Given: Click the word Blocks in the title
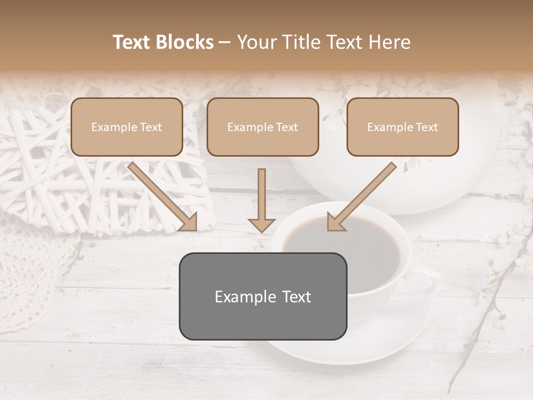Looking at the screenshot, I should (185, 42).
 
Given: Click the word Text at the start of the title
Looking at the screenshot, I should (133, 42).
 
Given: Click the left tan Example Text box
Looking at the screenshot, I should (127, 127).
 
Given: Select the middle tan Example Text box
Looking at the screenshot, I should (263, 127).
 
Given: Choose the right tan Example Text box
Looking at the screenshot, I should (403, 127).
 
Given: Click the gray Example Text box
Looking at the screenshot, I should (263, 297).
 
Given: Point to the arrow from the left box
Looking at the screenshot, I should (161, 194).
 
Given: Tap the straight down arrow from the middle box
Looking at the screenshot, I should (262, 197).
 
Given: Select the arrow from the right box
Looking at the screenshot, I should (364, 194).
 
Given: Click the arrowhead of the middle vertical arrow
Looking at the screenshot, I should (262, 224).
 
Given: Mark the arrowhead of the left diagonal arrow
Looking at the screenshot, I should (188, 222).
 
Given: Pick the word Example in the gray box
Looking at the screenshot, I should (238, 297).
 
